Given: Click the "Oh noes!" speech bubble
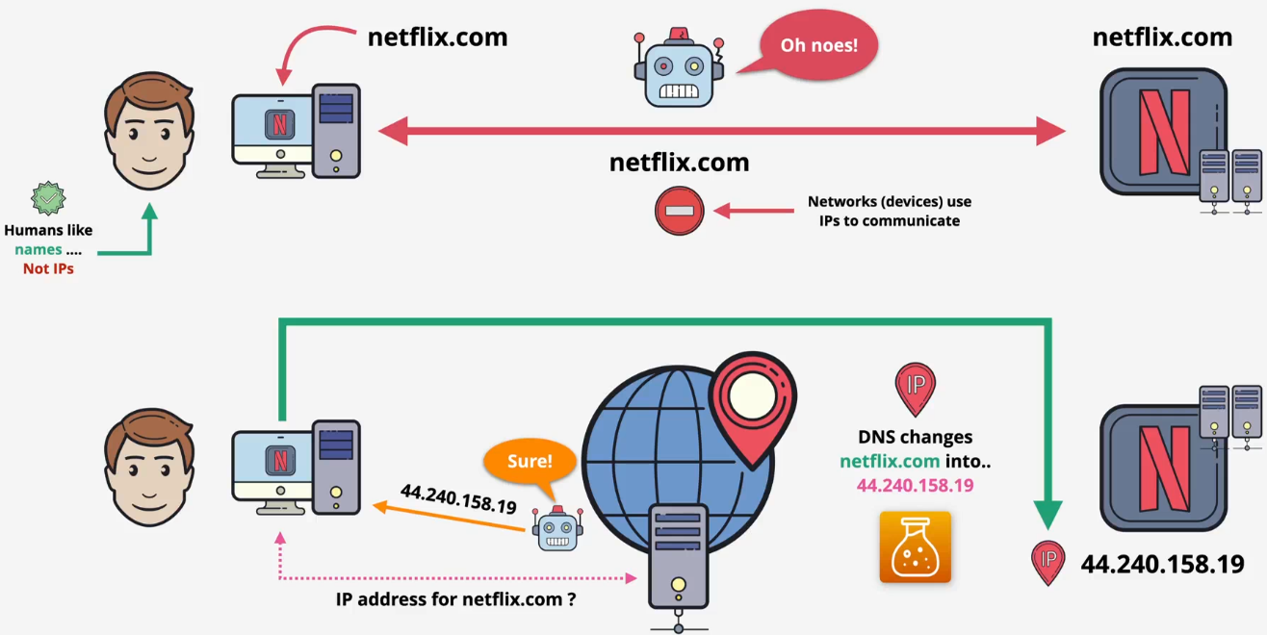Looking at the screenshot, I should coord(818,44).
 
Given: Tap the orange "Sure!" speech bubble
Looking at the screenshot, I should coord(530,461).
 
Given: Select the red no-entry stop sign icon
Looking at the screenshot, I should coord(680,211).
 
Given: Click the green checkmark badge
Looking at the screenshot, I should coord(48,198).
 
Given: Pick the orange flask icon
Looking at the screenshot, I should coord(915,547).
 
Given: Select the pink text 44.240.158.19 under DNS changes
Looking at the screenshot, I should coord(915,485).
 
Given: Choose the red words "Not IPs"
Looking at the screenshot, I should coord(48,268).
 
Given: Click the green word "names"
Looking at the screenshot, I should coord(39,249).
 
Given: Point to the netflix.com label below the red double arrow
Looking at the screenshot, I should coord(679,163).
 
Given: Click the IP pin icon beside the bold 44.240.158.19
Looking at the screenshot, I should coord(1048,562).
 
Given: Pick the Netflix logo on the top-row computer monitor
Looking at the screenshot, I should coord(279,125).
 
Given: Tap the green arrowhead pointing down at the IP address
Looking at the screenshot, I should coord(1048,516).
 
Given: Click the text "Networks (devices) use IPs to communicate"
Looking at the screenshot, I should coord(889,211).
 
